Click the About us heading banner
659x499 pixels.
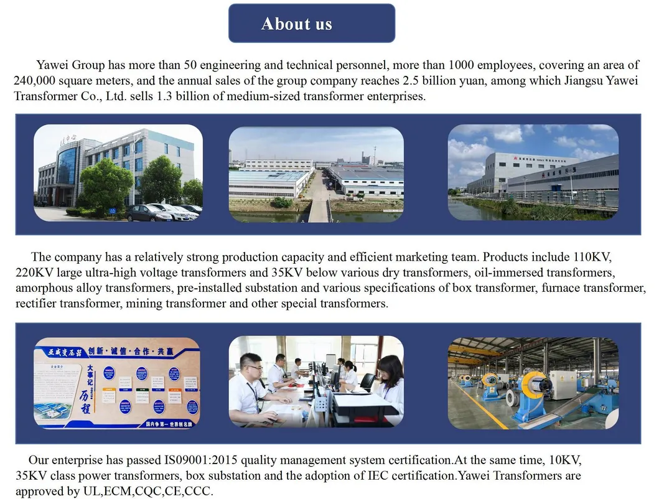click(311, 24)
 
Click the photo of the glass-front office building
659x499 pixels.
click(118, 173)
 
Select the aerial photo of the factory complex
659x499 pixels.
click(316, 174)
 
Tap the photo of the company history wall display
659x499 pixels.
click(117, 383)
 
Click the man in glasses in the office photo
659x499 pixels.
click(250, 386)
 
